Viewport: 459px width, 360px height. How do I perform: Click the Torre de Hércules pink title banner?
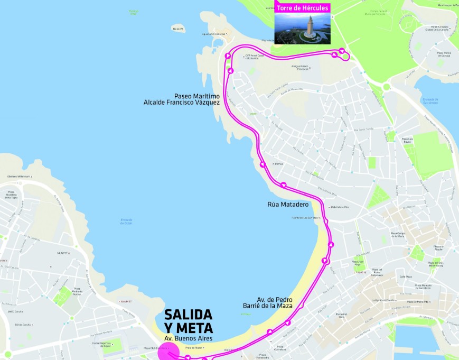pyautogui.click(x=302, y=8)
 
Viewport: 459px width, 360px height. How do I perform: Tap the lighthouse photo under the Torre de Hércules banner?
pyautogui.click(x=302, y=27)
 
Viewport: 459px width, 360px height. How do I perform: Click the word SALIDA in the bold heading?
pyautogui.click(x=188, y=315)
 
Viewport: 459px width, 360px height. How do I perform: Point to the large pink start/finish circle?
pyautogui.click(x=169, y=352)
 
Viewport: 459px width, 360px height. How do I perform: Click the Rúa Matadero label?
pyautogui.click(x=288, y=204)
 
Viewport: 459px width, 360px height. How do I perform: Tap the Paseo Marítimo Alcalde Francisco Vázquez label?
pyautogui.click(x=182, y=99)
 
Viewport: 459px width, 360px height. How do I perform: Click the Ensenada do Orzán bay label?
pyautogui.click(x=126, y=221)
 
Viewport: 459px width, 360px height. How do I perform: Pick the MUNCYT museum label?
pyautogui.click(x=63, y=253)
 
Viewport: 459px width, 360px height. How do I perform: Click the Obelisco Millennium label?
pyautogui.click(x=18, y=177)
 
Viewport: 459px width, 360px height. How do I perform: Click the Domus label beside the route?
pyautogui.click(x=278, y=164)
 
